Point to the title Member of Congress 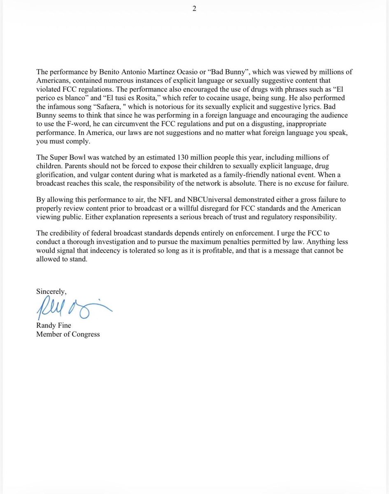pyautogui.click(x=68, y=334)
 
